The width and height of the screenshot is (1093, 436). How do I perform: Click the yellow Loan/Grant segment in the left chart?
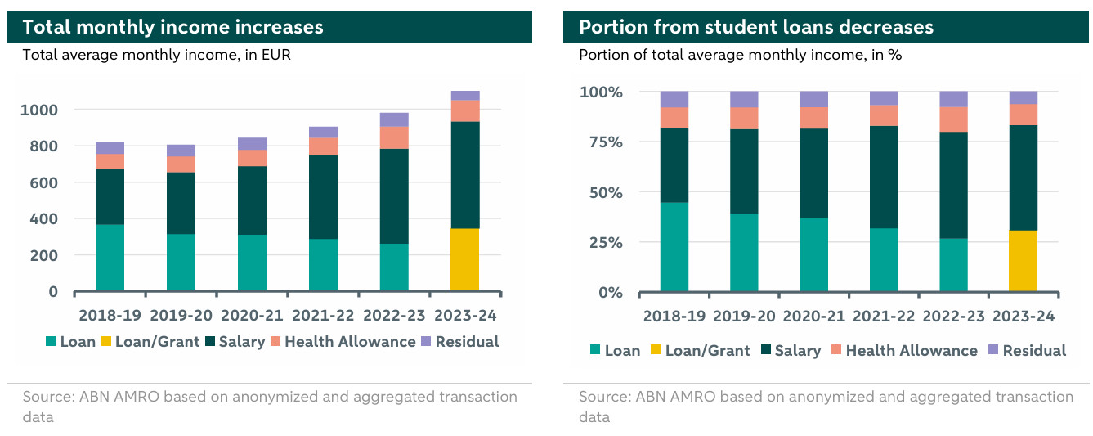tap(465, 259)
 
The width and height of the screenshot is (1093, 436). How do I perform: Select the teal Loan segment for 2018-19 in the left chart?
tap(110, 258)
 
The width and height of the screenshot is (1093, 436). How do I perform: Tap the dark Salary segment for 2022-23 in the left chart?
tap(394, 196)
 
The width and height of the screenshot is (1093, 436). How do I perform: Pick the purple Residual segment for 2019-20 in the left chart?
tap(181, 151)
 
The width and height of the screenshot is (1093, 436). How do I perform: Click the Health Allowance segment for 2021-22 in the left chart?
tap(323, 146)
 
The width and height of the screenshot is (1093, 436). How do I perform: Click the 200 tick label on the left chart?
tap(46, 255)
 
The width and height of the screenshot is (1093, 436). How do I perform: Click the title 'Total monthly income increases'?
tap(172, 27)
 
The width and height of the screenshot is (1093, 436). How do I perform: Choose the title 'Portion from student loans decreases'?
tap(755, 27)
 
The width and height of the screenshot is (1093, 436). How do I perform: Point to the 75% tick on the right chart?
tap(602, 142)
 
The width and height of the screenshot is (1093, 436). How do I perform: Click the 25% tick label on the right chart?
tap(602, 243)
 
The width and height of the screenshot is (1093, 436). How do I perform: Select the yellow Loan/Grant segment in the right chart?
tap(1023, 261)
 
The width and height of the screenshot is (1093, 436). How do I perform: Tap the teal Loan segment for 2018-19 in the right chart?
tap(674, 247)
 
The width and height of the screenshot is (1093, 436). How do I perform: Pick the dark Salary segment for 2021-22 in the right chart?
tap(884, 177)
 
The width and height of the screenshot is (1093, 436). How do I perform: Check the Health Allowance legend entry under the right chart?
tap(911, 351)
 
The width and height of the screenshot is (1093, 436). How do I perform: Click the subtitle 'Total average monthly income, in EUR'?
tap(156, 56)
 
